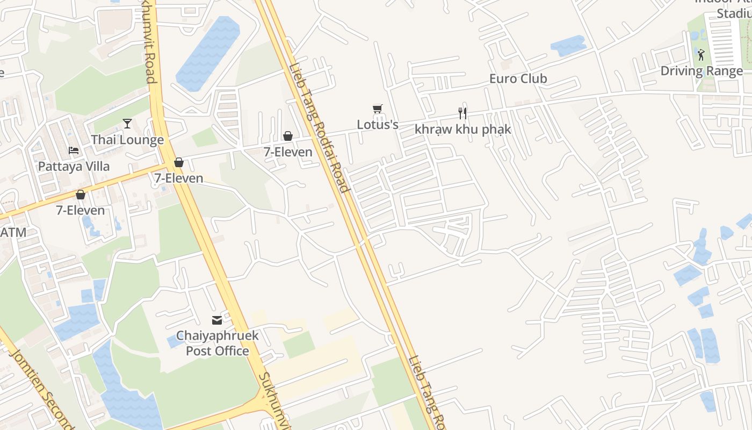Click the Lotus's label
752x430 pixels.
click(378, 125)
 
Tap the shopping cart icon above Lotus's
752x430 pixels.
click(378, 109)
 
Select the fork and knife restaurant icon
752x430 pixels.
click(462, 113)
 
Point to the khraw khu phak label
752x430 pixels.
click(462, 130)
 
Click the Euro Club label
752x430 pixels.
click(518, 78)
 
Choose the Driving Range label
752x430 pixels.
click(702, 71)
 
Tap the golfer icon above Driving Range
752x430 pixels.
click(701, 54)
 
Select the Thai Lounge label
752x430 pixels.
click(127, 140)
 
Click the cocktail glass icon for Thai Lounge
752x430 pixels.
click(127, 124)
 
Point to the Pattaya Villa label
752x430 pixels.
click(74, 166)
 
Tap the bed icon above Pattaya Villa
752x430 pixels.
click(74, 150)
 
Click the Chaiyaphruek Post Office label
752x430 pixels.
click(217, 343)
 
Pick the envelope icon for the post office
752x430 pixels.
click(217, 320)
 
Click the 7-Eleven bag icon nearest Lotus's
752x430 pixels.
click(288, 136)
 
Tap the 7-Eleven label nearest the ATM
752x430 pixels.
click(81, 210)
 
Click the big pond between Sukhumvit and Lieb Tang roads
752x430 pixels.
click(207, 54)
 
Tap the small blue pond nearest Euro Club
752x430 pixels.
click(568, 46)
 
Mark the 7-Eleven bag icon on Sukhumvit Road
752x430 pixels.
click(179, 162)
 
